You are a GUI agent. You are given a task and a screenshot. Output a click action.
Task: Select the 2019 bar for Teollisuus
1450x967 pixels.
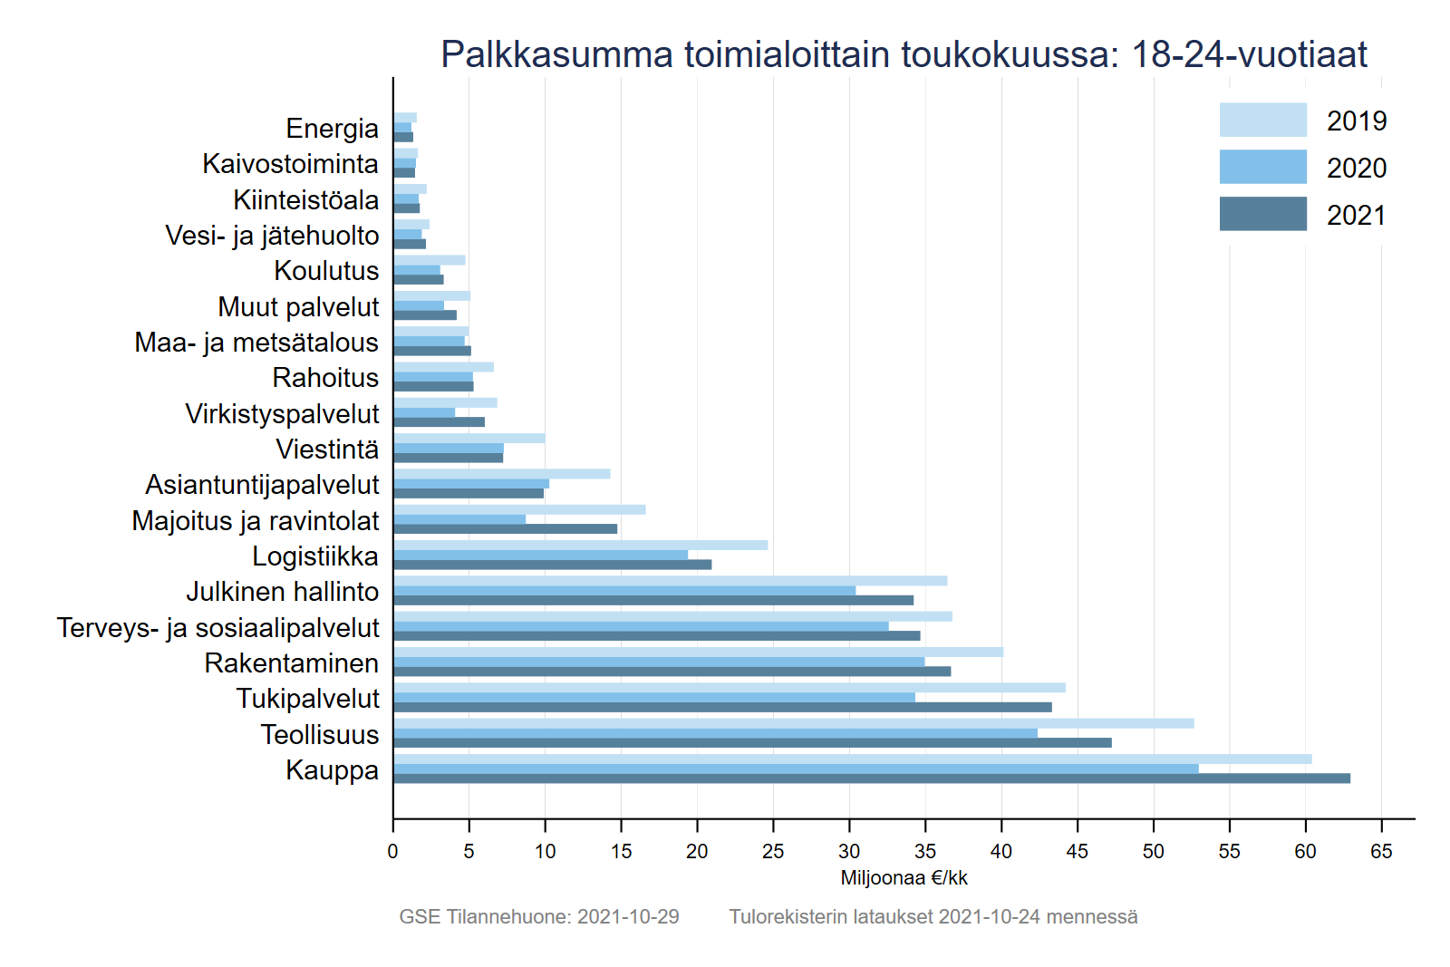point(793,723)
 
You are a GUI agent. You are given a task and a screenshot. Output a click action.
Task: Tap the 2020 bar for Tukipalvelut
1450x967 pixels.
point(653,698)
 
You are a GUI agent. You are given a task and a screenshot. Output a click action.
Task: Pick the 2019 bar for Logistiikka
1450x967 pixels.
point(580,546)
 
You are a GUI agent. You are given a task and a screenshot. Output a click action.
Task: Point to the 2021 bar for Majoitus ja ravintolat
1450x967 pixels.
point(505,529)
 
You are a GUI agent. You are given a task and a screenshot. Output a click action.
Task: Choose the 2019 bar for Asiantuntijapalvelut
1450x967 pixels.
point(501,474)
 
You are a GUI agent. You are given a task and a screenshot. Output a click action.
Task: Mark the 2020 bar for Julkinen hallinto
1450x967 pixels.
point(623,591)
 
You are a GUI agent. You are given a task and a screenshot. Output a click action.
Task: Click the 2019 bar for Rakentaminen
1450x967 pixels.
point(698,652)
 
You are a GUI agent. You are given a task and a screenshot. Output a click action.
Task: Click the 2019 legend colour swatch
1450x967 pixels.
point(1262,120)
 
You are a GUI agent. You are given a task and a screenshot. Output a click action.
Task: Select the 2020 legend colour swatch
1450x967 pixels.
point(1262,167)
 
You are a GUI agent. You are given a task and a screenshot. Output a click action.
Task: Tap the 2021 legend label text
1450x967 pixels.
point(1356,216)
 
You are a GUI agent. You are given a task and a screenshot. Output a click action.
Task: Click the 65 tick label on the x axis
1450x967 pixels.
point(1381,851)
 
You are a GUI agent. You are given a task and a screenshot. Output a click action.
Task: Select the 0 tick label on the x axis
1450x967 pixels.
point(392,851)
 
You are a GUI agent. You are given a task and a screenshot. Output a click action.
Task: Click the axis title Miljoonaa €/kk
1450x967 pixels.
point(904,878)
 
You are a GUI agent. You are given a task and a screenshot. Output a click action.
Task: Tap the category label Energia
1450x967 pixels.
point(332,129)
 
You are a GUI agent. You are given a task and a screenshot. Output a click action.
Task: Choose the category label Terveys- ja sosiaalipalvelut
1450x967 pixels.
point(217,628)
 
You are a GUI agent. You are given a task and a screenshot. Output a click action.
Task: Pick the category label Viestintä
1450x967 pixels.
point(327,450)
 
